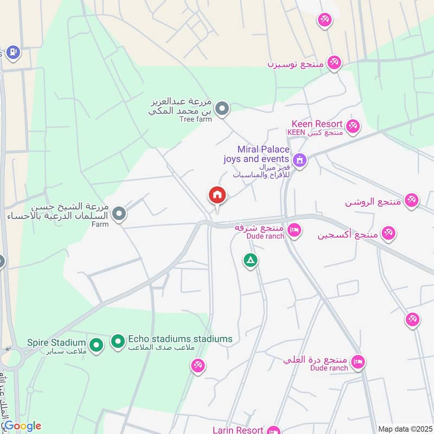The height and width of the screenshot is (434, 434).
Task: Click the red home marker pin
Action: point(218,195)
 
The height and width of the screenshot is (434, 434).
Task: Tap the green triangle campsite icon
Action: point(250,261)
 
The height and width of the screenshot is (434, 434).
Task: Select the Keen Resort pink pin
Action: point(353,126)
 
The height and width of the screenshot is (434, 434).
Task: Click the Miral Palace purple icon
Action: point(299,160)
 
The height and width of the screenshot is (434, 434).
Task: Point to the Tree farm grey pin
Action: point(221,110)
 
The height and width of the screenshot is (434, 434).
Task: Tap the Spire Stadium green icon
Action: point(96,344)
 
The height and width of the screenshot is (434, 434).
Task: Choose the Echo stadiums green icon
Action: point(118,341)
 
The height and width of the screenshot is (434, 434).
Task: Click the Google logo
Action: point(22,426)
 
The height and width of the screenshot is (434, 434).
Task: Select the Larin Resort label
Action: point(238,430)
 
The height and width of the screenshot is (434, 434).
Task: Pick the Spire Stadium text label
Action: point(56,343)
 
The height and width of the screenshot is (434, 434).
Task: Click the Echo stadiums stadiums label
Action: point(180,339)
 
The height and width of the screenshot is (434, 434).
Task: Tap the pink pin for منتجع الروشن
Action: point(412,200)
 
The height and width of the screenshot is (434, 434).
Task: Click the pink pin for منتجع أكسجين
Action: point(388,233)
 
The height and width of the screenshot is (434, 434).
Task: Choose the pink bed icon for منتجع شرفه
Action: point(294,231)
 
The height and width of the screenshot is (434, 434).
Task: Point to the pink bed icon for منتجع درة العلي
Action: point(358,361)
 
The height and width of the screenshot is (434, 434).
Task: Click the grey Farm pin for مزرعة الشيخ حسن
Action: point(120,214)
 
